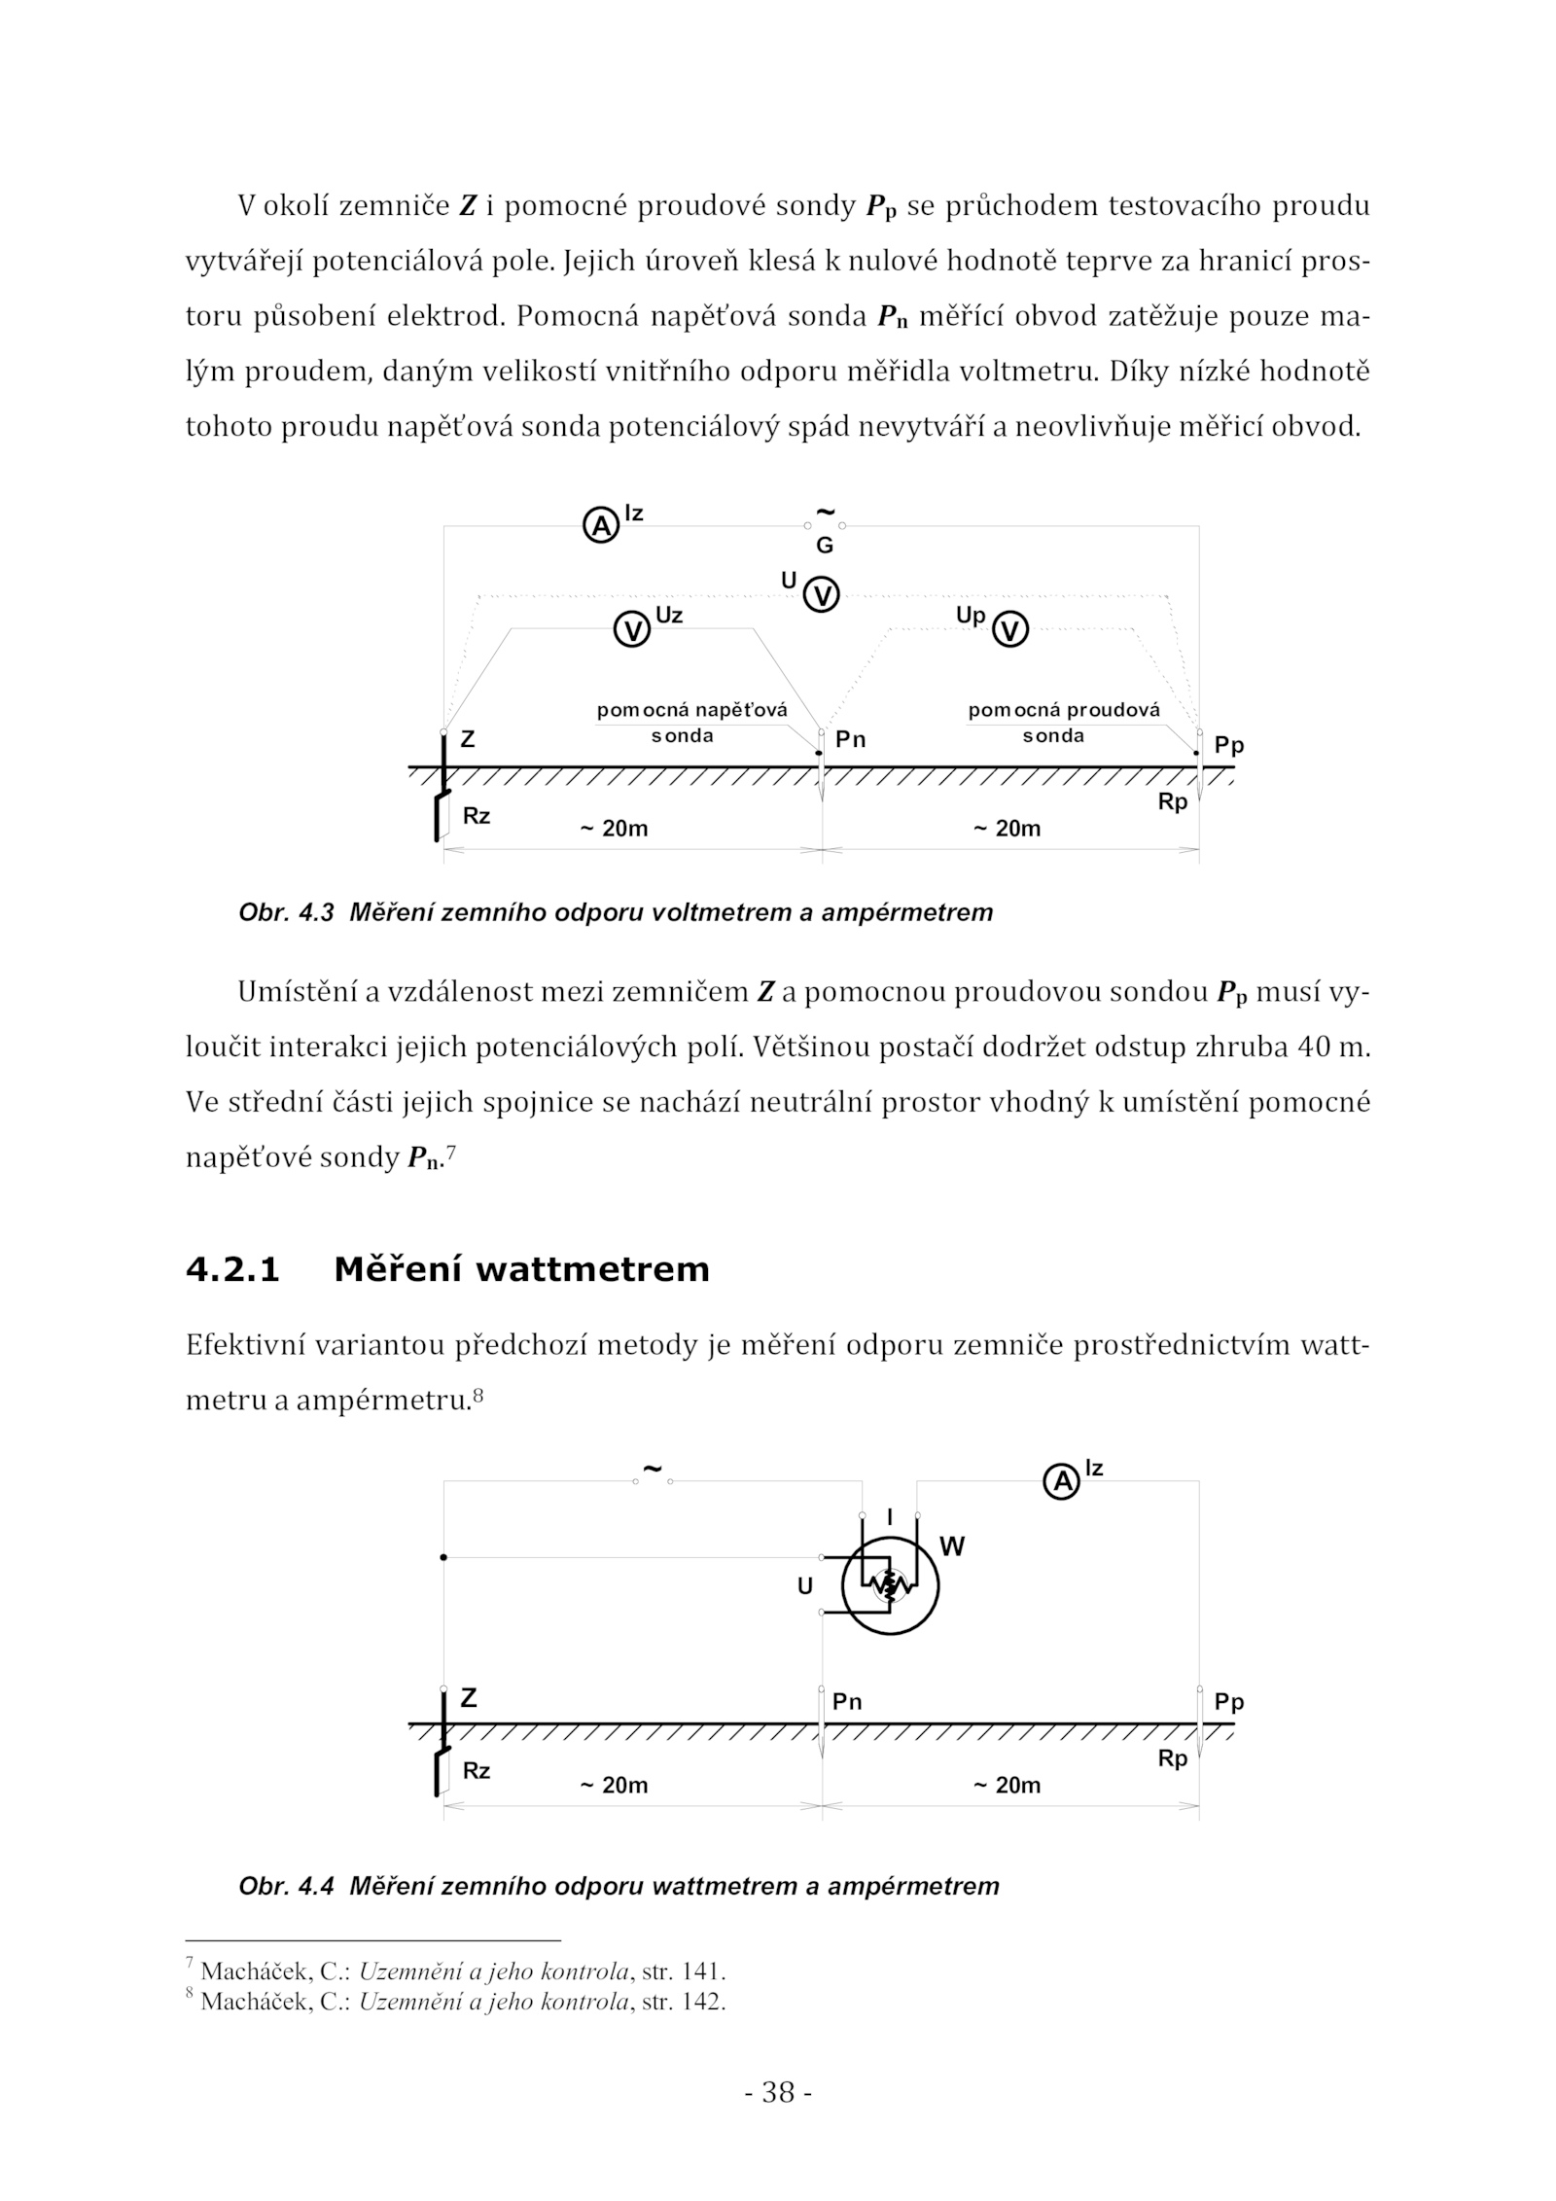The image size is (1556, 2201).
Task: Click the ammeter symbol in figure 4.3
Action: pos(601,526)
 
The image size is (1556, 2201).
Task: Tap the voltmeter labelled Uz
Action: pos(633,630)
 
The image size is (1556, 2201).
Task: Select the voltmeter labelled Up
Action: pos(1011,630)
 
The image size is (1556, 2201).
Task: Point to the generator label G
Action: pos(824,546)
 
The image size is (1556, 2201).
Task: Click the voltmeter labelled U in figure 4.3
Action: pos(823,594)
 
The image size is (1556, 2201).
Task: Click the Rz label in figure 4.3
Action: pos(477,816)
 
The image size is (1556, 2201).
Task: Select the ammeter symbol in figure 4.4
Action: pos(1062,1482)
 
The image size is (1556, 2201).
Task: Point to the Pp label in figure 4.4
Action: pos(1229,1702)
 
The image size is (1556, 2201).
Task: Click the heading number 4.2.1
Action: pos(232,1269)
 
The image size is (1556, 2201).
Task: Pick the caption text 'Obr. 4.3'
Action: pos(286,912)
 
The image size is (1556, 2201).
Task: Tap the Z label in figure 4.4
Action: pos(468,1698)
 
